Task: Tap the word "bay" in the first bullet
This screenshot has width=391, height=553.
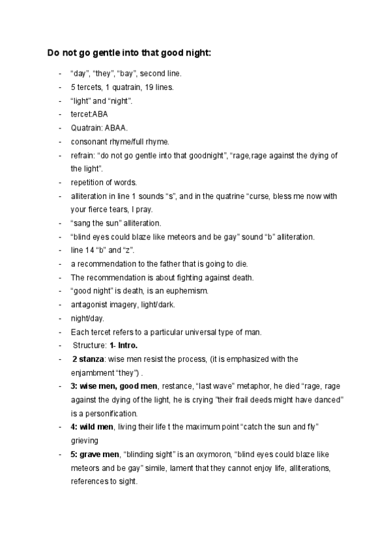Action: (128, 73)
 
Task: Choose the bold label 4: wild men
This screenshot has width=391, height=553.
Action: (92, 426)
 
